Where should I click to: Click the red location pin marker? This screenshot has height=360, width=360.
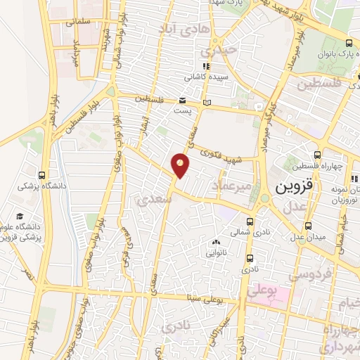pos(181,165)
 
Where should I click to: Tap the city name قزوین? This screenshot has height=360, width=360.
pos(291,188)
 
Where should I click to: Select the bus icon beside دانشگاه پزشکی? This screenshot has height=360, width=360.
pos(42,175)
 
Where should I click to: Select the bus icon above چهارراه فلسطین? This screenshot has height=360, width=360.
pos(317,155)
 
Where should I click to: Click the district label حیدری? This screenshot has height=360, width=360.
pos(212,52)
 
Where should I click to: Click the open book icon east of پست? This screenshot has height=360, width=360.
pos(206,104)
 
